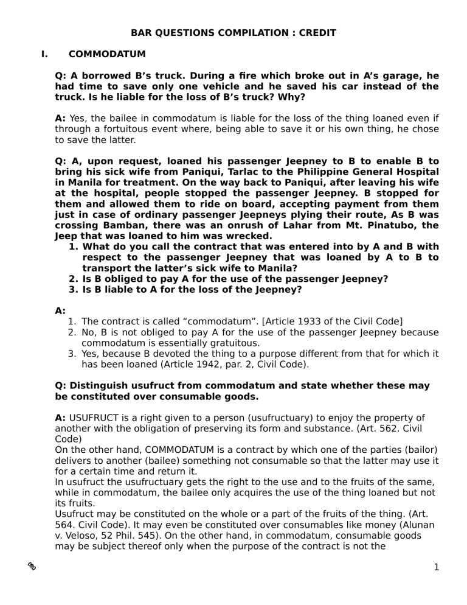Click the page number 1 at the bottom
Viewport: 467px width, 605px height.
point(437,568)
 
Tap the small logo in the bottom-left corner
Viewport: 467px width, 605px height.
point(31,566)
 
